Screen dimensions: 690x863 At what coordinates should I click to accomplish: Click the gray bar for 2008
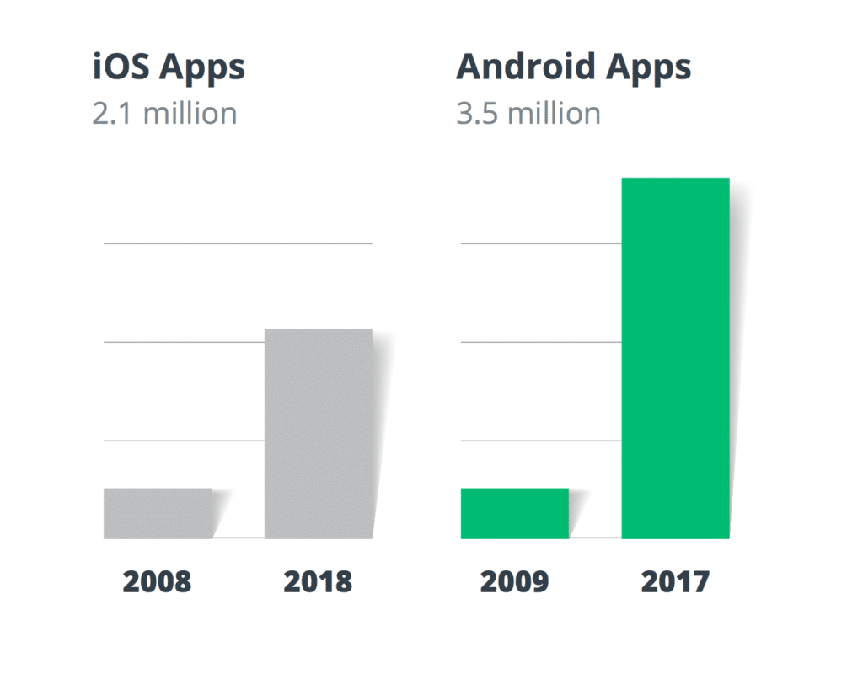pos(158,513)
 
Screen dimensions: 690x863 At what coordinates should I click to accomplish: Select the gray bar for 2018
pos(318,433)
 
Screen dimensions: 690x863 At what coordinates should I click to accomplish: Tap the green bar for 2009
pos(514,513)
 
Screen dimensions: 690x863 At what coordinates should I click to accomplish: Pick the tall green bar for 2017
pos(675,358)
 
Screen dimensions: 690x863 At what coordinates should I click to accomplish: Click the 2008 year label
pos(158,581)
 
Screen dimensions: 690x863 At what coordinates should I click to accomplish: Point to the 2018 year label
pos(318,581)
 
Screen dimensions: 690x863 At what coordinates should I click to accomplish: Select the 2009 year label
pos(514,581)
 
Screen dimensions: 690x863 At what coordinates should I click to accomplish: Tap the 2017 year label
pos(675,581)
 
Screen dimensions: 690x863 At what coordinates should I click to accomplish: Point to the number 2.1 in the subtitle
pos(113,114)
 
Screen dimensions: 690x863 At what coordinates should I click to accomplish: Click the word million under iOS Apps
pos(190,114)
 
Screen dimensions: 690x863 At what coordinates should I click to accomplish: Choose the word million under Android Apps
pos(554,114)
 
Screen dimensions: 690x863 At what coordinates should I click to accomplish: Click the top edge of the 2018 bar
pos(318,329)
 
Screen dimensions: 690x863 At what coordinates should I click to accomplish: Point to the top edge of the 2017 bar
pos(675,179)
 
